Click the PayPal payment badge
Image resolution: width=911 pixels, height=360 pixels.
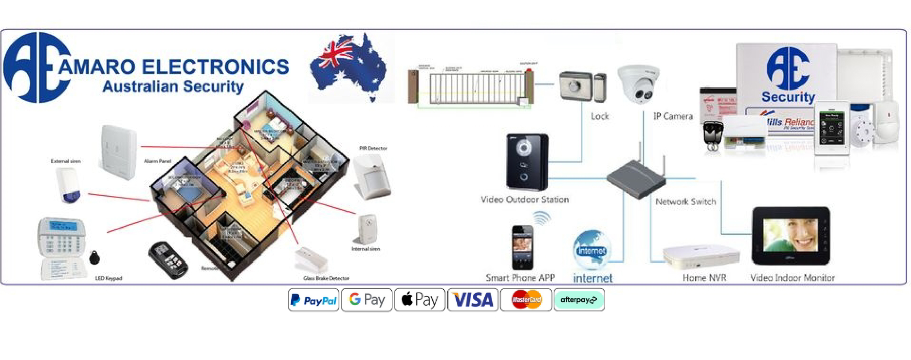(313, 300)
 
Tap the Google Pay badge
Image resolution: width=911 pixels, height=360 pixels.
(367, 300)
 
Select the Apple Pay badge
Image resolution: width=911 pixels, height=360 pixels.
(420, 300)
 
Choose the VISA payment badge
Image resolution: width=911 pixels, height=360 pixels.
(472, 300)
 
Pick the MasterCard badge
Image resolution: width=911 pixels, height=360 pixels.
(526, 300)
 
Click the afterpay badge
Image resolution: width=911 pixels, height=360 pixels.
(579, 300)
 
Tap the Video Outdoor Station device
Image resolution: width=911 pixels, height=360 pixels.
(527, 162)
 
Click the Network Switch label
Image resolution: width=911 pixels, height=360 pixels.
(685, 202)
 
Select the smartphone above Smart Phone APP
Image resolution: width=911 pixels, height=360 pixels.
(523, 247)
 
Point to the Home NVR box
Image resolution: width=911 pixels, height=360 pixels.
(701, 255)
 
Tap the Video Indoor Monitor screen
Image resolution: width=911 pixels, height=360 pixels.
(790, 235)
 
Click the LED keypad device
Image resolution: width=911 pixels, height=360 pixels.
(62, 248)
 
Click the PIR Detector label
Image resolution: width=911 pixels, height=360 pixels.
(373, 148)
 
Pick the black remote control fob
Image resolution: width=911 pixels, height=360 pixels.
(168, 260)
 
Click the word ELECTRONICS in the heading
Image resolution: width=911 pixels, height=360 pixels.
(215, 67)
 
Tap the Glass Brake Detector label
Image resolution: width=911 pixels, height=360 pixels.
(326, 278)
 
